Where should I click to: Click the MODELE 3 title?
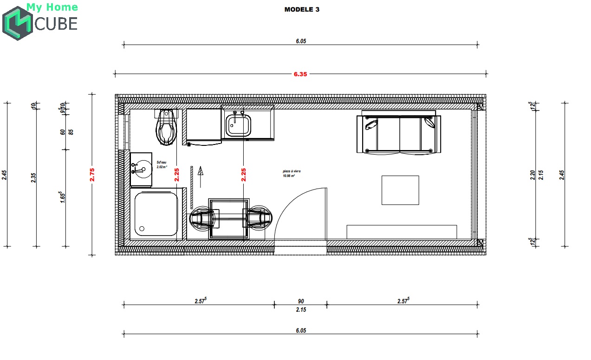click(x=302, y=9)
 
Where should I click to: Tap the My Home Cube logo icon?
click(x=17, y=23)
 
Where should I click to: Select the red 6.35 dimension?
click(x=300, y=74)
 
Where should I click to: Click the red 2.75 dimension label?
click(x=92, y=174)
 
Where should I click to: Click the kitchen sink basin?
click(x=239, y=125)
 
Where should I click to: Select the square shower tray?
click(x=156, y=214)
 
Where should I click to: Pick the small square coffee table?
click(x=400, y=190)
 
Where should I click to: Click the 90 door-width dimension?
click(x=301, y=301)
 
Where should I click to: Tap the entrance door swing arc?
click(x=292, y=204)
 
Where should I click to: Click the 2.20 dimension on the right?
click(x=533, y=175)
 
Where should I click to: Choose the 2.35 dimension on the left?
click(x=33, y=177)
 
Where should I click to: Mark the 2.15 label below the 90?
click(x=301, y=309)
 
